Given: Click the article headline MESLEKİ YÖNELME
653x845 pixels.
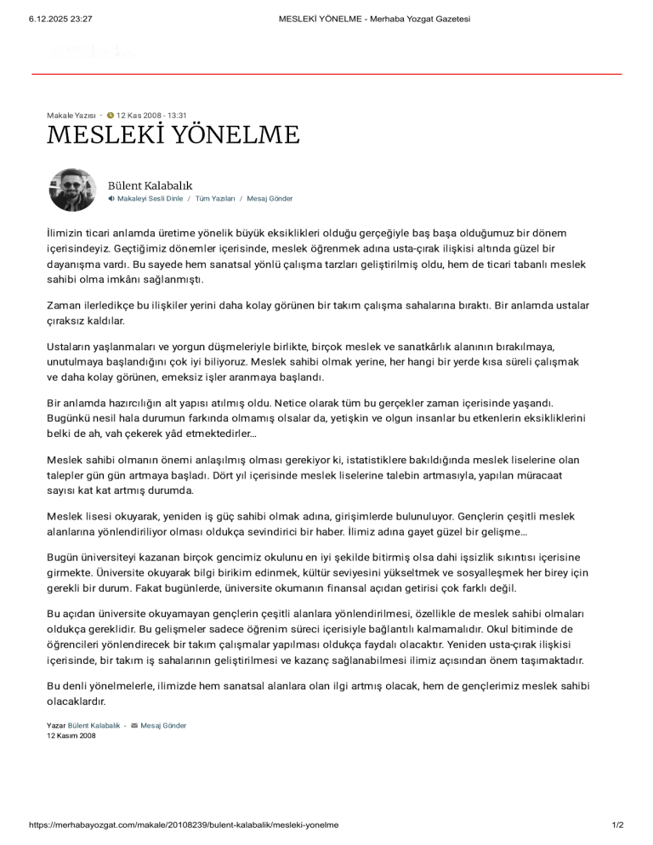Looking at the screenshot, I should click(173, 135).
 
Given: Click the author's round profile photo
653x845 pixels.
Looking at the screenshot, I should click(73, 190).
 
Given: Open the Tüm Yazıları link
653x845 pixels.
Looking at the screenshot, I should click(215, 199).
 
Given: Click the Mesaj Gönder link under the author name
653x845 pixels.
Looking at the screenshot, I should click(270, 199).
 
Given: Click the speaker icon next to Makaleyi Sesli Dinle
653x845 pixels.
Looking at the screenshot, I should click(111, 199).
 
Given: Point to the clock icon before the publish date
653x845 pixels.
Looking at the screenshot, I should click(111, 115).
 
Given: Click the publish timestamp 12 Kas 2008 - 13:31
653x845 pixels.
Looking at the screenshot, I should click(151, 115).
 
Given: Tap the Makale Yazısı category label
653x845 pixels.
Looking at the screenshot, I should click(71, 115).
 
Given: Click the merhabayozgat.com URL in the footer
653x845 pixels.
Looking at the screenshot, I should click(184, 825).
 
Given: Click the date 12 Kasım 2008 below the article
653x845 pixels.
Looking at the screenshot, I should click(71, 736).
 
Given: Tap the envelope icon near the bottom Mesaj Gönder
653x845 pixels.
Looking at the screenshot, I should click(134, 726).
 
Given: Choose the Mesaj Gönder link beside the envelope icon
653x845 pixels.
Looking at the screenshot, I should click(163, 726).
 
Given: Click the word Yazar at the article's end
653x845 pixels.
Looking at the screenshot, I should click(56, 726).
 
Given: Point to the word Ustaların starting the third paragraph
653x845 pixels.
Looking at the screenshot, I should click(70, 347).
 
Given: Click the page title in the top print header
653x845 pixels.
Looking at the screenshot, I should click(374, 19).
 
